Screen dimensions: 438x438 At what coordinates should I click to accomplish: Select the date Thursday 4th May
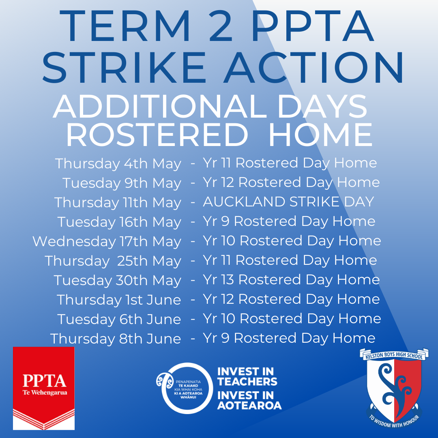click(x=118, y=164)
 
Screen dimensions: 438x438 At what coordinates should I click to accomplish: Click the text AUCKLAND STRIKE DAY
click(x=288, y=202)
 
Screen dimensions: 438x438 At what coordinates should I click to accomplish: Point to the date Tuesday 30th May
click(x=118, y=281)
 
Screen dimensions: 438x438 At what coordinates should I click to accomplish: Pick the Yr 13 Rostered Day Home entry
click(x=291, y=280)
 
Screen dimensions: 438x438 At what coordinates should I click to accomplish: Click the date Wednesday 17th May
click(x=107, y=242)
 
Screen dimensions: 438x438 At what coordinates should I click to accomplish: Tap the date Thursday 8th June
click(x=116, y=339)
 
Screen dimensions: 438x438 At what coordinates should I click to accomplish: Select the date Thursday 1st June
click(x=119, y=300)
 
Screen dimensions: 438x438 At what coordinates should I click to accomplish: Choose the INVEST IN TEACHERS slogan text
click(x=247, y=376)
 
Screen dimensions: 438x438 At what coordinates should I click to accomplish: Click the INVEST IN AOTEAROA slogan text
click(x=249, y=400)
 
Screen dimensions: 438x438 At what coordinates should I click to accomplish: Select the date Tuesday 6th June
click(x=119, y=320)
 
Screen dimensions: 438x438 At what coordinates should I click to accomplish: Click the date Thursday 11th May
click(x=118, y=203)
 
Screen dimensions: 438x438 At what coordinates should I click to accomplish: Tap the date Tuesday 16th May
click(x=119, y=222)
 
